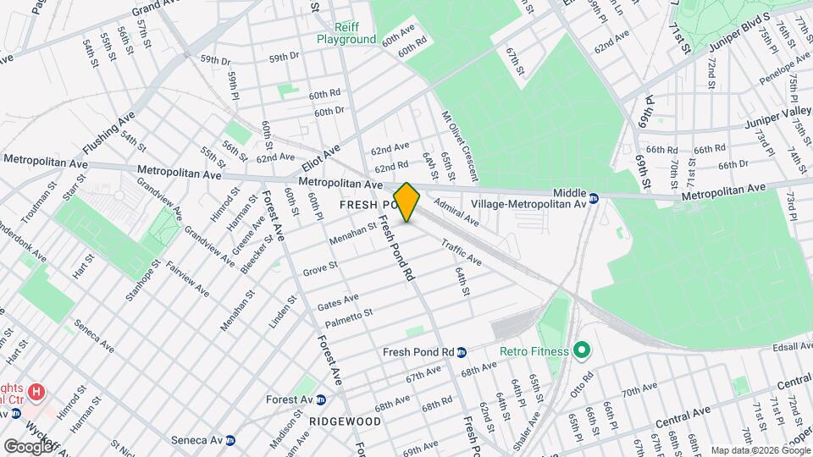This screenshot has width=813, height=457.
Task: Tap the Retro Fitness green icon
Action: coord(581,350)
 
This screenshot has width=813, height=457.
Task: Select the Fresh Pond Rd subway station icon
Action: coord(462,352)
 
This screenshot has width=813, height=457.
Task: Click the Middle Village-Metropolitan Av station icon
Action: coord(594,198)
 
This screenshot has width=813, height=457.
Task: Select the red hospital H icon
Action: coord(36,392)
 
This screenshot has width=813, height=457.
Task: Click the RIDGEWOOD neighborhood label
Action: coord(345,421)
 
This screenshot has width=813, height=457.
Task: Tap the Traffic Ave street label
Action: coord(461,251)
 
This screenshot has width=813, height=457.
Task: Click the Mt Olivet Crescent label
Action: coord(459,145)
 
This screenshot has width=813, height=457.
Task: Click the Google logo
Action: coord(27,446)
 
